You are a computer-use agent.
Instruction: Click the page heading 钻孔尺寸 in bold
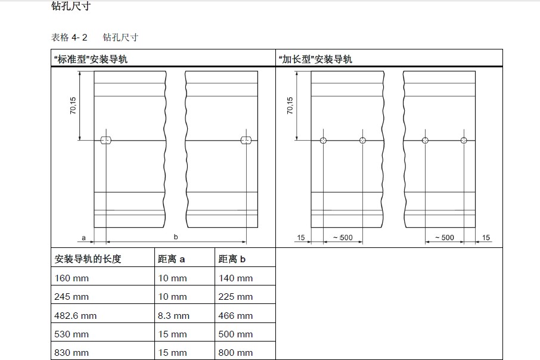tap(71, 7)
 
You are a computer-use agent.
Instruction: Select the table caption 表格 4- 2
tap(69, 38)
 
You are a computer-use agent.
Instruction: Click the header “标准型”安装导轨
tap(91, 60)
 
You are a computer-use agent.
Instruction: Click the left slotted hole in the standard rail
tap(106, 141)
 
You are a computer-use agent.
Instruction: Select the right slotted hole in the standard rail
tap(246, 141)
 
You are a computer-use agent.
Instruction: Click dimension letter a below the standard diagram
tap(84, 237)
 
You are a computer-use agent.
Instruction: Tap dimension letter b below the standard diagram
tap(176, 237)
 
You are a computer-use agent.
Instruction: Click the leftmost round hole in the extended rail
tap(323, 141)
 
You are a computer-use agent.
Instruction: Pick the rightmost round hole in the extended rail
tap(464, 141)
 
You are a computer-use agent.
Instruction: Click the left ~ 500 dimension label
tap(343, 238)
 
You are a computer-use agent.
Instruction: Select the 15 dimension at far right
tap(486, 238)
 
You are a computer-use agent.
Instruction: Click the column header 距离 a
tap(171, 259)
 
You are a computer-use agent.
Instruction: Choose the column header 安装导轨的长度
tap(88, 259)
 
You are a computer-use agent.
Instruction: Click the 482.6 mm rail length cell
tap(75, 315)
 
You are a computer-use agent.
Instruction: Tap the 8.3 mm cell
tap(173, 315)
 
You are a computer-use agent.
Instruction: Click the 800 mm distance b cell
tap(236, 352)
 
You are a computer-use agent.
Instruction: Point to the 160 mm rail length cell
tap(71, 278)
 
